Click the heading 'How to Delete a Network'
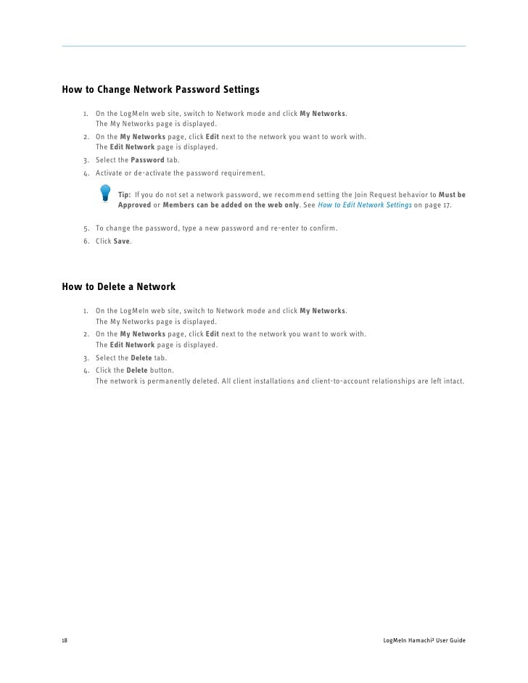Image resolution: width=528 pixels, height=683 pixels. [x=119, y=288]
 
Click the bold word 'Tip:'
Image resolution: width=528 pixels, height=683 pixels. [x=125, y=196]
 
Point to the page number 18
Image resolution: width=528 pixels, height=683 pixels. [x=65, y=642]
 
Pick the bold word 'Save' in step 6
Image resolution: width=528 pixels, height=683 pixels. [x=122, y=241]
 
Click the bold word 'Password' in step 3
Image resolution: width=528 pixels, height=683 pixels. [x=147, y=160]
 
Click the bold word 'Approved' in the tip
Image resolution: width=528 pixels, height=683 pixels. [x=135, y=206]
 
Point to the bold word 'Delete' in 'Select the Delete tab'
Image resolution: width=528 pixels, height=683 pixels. [x=141, y=358]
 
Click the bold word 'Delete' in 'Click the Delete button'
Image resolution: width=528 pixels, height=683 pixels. [x=137, y=370]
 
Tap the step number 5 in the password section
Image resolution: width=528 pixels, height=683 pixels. [x=86, y=229]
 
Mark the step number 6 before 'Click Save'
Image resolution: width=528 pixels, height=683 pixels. [x=86, y=241]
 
